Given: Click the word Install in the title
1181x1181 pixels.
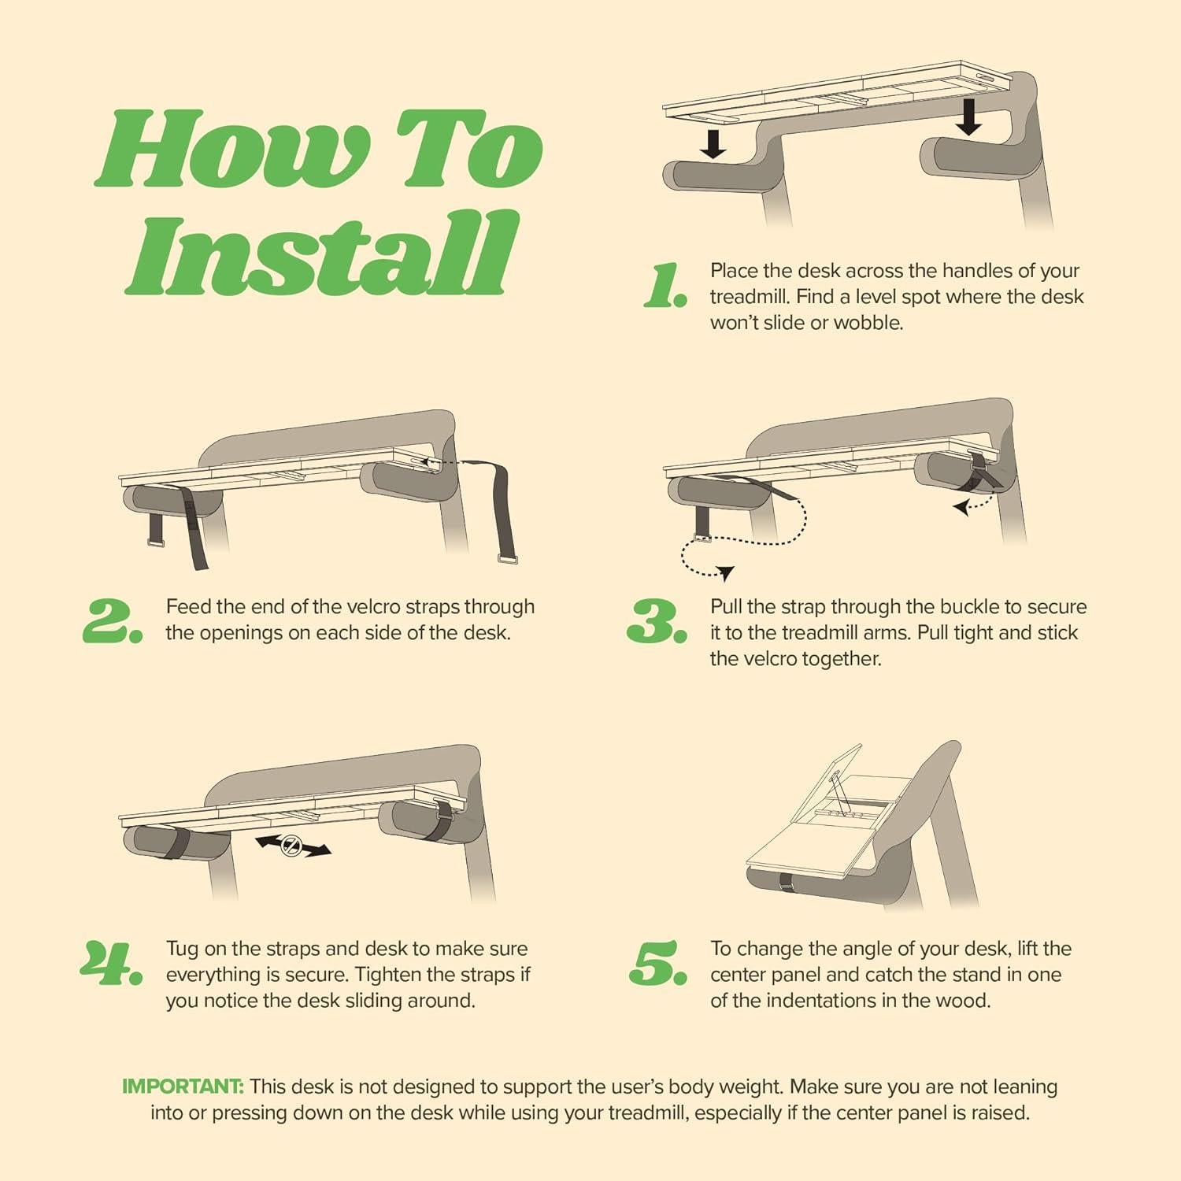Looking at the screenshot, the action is click(x=323, y=254).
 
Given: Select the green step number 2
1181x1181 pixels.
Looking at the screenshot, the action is click(x=113, y=621).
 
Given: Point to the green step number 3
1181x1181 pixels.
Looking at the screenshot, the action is click(x=657, y=621).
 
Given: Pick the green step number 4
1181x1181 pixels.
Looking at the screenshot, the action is click(x=111, y=963).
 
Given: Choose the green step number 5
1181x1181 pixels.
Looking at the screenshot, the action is click(x=658, y=963).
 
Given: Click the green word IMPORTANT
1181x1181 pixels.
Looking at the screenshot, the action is click(x=183, y=1087).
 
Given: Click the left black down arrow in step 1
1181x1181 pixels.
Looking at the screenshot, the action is click(x=714, y=144).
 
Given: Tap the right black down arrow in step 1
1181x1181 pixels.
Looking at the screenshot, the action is click(x=969, y=119).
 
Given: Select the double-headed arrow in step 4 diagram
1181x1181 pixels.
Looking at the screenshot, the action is click(x=293, y=847).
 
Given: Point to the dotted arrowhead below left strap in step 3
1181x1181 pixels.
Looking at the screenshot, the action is click(x=725, y=572).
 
